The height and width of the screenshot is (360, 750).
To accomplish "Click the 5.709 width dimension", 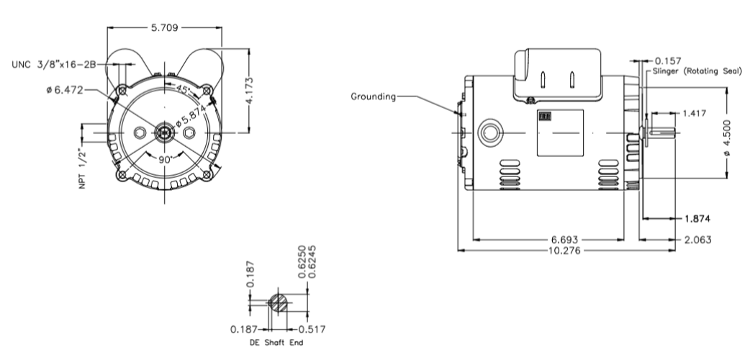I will (164, 28).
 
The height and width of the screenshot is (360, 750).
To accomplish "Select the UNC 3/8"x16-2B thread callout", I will (55, 63).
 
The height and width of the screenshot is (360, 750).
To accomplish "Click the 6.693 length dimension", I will (566, 239).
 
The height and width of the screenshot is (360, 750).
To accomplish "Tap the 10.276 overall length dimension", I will (566, 251).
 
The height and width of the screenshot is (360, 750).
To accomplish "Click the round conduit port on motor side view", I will (492, 132).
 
